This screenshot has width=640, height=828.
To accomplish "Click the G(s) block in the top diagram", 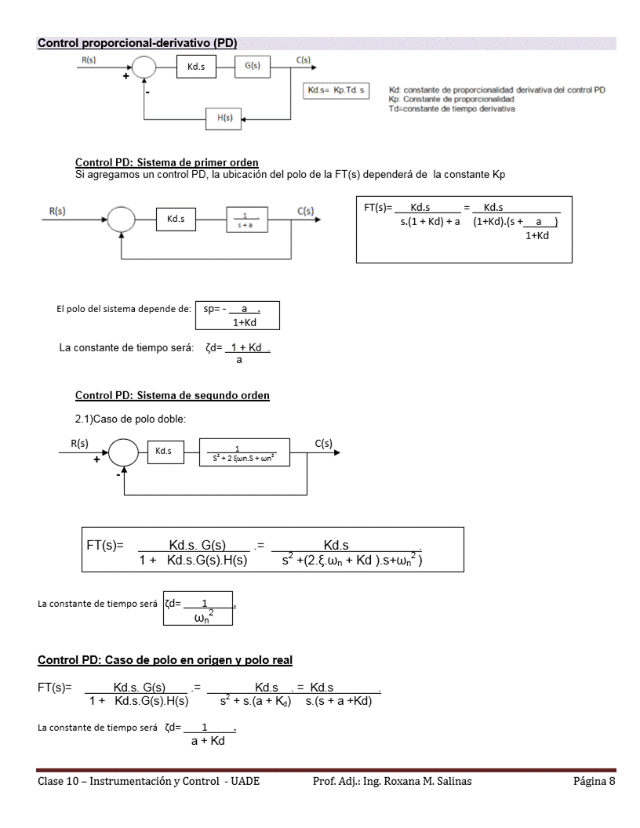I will (253, 67).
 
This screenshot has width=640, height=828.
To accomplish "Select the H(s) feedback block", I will (224, 118).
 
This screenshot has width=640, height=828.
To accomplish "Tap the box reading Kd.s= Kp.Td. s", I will (338, 90).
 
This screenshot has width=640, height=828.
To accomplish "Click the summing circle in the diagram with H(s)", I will (144, 69).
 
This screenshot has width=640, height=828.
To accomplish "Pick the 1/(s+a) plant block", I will (247, 219).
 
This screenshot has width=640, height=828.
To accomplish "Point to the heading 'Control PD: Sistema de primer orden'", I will (167, 162).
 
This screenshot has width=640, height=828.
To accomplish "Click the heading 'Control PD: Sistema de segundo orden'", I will (173, 395).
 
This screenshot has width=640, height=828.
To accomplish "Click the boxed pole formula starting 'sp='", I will (235, 315).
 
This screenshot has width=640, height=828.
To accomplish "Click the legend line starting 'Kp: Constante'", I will (451, 100).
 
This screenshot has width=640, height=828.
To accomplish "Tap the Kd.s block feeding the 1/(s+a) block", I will (176, 219).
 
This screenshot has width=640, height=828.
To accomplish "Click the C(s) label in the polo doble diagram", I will (323, 444).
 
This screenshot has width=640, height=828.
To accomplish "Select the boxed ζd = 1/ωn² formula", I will (198, 609).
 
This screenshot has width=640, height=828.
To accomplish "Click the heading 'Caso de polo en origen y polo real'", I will (165, 660).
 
